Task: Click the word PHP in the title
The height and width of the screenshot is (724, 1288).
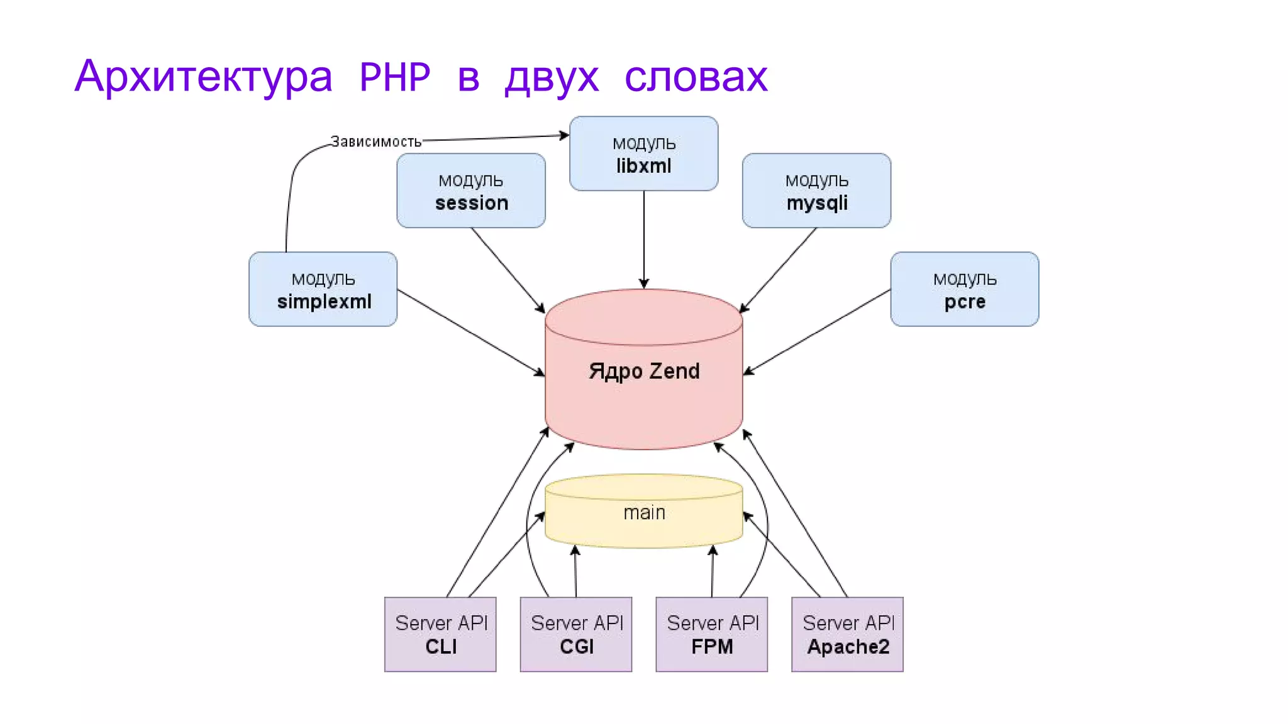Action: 394,77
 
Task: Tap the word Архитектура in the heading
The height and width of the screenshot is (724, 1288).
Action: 203,77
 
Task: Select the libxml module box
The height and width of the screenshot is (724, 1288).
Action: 643,153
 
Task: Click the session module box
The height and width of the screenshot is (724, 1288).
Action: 470,190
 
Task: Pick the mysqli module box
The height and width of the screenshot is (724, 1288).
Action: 816,190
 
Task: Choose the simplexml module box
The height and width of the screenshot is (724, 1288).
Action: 323,289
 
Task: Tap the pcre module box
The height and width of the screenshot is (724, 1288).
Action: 964,289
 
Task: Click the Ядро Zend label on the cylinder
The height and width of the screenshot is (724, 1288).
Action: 644,371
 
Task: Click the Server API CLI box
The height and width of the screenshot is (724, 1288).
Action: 440,634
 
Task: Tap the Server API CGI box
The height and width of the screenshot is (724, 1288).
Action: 575,634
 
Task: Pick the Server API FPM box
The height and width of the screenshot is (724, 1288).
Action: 711,634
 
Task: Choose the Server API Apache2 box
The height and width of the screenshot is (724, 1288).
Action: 847,634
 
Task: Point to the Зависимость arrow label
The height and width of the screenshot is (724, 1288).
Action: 375,142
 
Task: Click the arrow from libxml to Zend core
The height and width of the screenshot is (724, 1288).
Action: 643,239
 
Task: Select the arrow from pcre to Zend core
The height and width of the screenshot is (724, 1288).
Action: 818,331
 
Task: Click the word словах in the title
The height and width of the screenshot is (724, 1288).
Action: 696,77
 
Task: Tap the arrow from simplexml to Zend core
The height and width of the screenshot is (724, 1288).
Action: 470,332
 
